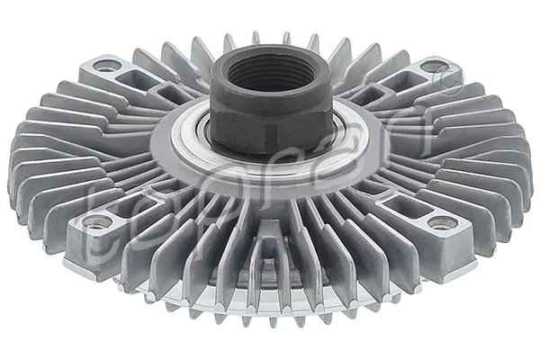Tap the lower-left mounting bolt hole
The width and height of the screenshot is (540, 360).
tap(94, 220)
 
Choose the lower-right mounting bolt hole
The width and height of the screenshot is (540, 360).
tap(438, 222)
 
